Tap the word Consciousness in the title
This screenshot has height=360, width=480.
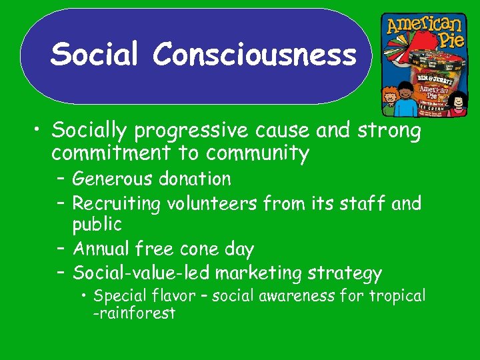click(255, 54)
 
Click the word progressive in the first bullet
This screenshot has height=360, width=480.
click(190, 131)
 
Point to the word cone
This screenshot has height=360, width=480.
click(197, 249)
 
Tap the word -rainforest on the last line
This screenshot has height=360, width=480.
click(134, 313)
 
